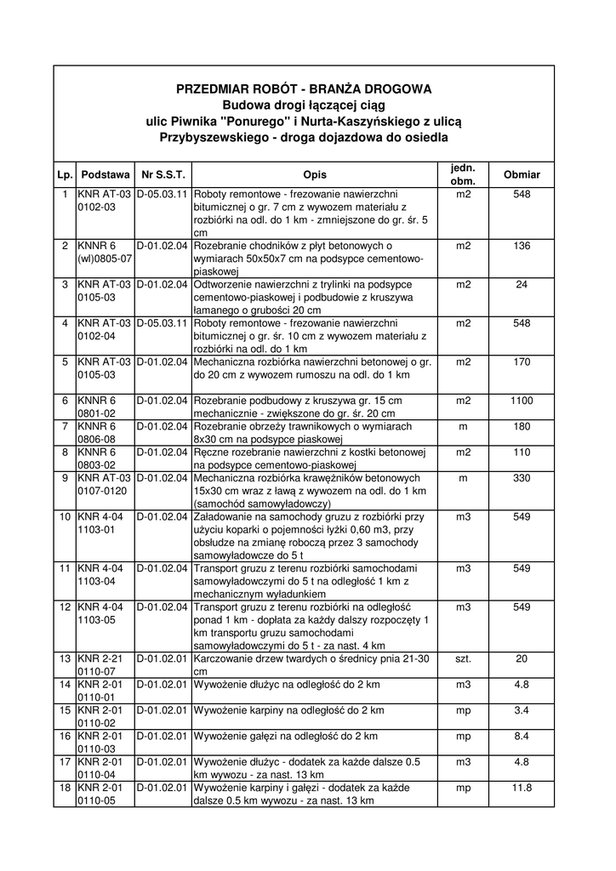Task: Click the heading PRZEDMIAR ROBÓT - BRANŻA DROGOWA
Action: click(304, 88)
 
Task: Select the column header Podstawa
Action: click(106, 174)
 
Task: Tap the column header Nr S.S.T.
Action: click(163, 174)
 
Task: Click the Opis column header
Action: click(314, 174)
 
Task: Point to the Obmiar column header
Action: click(522, 174)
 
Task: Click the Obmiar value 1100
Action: click(522, 401)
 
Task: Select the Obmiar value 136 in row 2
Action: click(522, 247)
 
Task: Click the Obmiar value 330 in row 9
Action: click(522, 478)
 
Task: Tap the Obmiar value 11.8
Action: click(522, 788)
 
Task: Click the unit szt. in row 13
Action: click(463, 659)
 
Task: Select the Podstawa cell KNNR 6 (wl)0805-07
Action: click(105, 252)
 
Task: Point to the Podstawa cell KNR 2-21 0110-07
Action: click(105, 665)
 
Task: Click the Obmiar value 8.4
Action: click(522, 736)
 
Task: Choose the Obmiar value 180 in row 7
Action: click(522, 426)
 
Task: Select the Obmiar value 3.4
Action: click(522, 710)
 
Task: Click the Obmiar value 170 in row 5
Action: click(522, 362)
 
